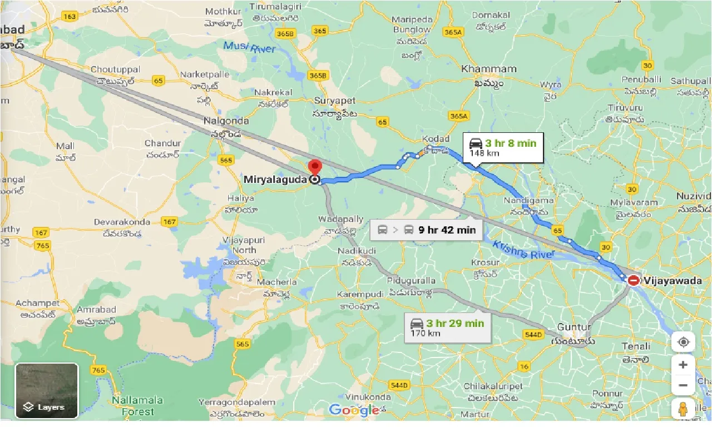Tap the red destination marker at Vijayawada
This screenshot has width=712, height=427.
[634, 281]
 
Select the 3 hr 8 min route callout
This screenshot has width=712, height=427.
[503, 147]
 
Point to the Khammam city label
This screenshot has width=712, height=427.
[489, 69]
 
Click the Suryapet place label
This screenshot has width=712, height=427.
[335, 101]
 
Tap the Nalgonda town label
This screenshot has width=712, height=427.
[226, 121]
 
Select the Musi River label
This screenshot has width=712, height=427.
[249, 47]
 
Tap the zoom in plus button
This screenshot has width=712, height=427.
[683, 365]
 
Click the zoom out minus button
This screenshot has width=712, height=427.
[683, 385]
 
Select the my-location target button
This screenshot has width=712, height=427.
[683, 341]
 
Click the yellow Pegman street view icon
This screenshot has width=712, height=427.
[683, 409]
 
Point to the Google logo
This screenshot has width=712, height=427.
[354, 410]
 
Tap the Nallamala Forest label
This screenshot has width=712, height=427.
[137, 406]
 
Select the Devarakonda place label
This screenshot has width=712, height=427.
[122, 222]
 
